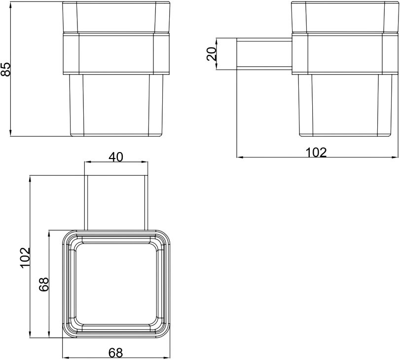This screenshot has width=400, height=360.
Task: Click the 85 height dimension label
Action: pos(5,69)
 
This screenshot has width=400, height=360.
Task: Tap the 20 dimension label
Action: pos(212,54)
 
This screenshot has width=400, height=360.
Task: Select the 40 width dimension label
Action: pos(116,157)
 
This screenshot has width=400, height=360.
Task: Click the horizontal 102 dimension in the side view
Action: pos(316,153)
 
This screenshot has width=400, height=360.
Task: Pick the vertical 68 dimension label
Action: pos(44,284)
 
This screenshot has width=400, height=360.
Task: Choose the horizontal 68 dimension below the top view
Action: pos(115,353)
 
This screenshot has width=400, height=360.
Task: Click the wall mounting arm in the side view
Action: pos(264,54)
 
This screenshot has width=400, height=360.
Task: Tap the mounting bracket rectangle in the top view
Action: pos(116,202)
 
